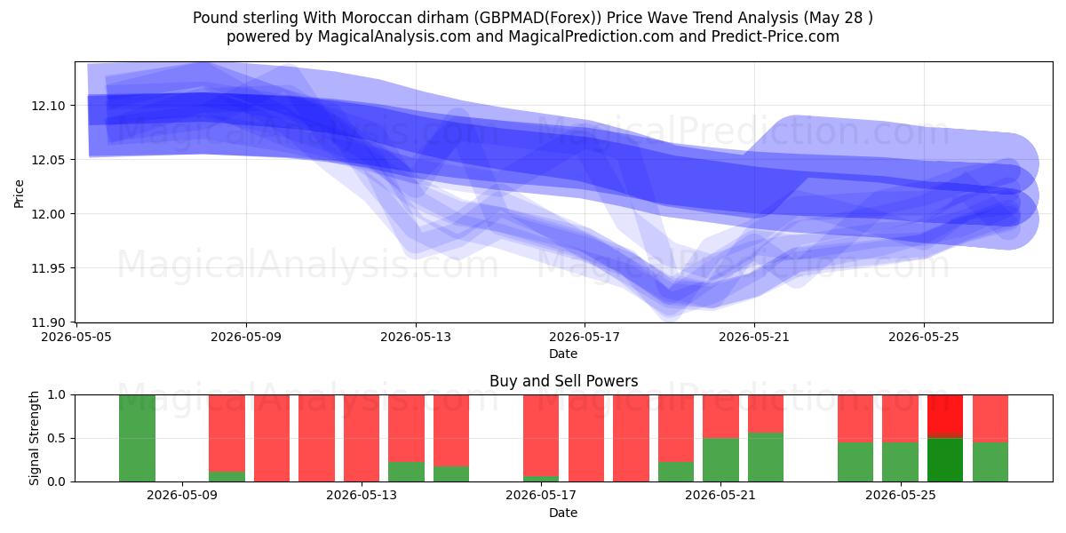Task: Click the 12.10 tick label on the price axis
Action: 48,106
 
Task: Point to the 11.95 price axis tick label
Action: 48,268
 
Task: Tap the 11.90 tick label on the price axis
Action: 48,322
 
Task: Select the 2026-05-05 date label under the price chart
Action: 76,337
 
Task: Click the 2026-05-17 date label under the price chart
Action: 585,337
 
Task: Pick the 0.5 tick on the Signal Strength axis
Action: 57,438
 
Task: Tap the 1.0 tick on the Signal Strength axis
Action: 57,394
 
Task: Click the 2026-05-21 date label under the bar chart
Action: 720,496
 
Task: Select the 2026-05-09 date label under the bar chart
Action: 182,496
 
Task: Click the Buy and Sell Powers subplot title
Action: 563,381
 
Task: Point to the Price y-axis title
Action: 19,195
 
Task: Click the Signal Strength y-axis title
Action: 34,438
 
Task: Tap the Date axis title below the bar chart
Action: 563,513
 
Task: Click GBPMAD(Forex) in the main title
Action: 537,18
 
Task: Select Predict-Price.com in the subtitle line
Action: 776,36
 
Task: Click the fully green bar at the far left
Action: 137,438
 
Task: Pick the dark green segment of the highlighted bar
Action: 945,460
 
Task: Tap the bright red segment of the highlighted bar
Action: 945,415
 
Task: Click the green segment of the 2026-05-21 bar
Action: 721,460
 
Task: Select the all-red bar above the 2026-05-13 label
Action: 362,438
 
